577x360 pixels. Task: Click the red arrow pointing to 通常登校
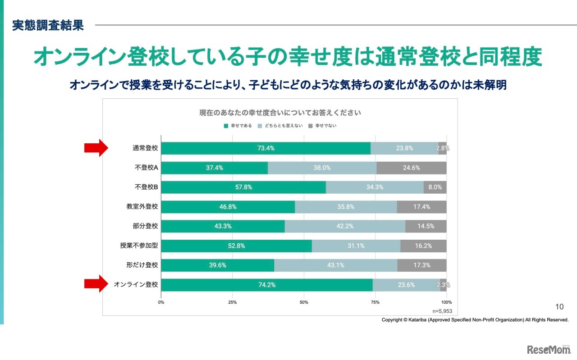pos(96,148)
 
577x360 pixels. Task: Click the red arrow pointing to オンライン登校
pos(96,284)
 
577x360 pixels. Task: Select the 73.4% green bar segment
pos(266,148)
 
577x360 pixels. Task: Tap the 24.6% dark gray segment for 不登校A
pos(411,168)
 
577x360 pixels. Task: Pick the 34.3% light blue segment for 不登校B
pos(375,187)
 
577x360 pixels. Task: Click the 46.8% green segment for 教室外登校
pos(228,207)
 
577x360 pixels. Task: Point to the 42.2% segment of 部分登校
pos(345,226)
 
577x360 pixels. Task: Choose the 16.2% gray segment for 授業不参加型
pos(423,246)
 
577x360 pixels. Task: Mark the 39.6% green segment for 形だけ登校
pos(217,265)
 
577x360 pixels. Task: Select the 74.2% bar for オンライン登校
pos(266,285)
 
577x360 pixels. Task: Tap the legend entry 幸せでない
pos(322,126)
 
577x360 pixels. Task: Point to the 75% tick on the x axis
pos(375,302)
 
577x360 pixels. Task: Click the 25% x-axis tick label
pos(232,302)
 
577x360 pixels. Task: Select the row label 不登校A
pos(146,168)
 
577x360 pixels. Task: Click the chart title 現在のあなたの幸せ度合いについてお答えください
pos(280,112)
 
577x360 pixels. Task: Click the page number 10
pos(559,307)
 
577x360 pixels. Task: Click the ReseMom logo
pos(549,350)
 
